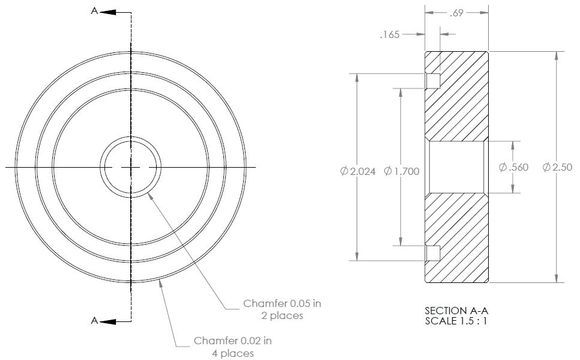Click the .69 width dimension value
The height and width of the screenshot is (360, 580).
click(x=456, y=14)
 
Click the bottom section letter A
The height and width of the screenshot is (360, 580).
click(x=94, y=321)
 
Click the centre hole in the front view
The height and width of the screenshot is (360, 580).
click(x=128, y=164)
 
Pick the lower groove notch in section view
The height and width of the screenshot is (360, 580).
click(x=432, y=250)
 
